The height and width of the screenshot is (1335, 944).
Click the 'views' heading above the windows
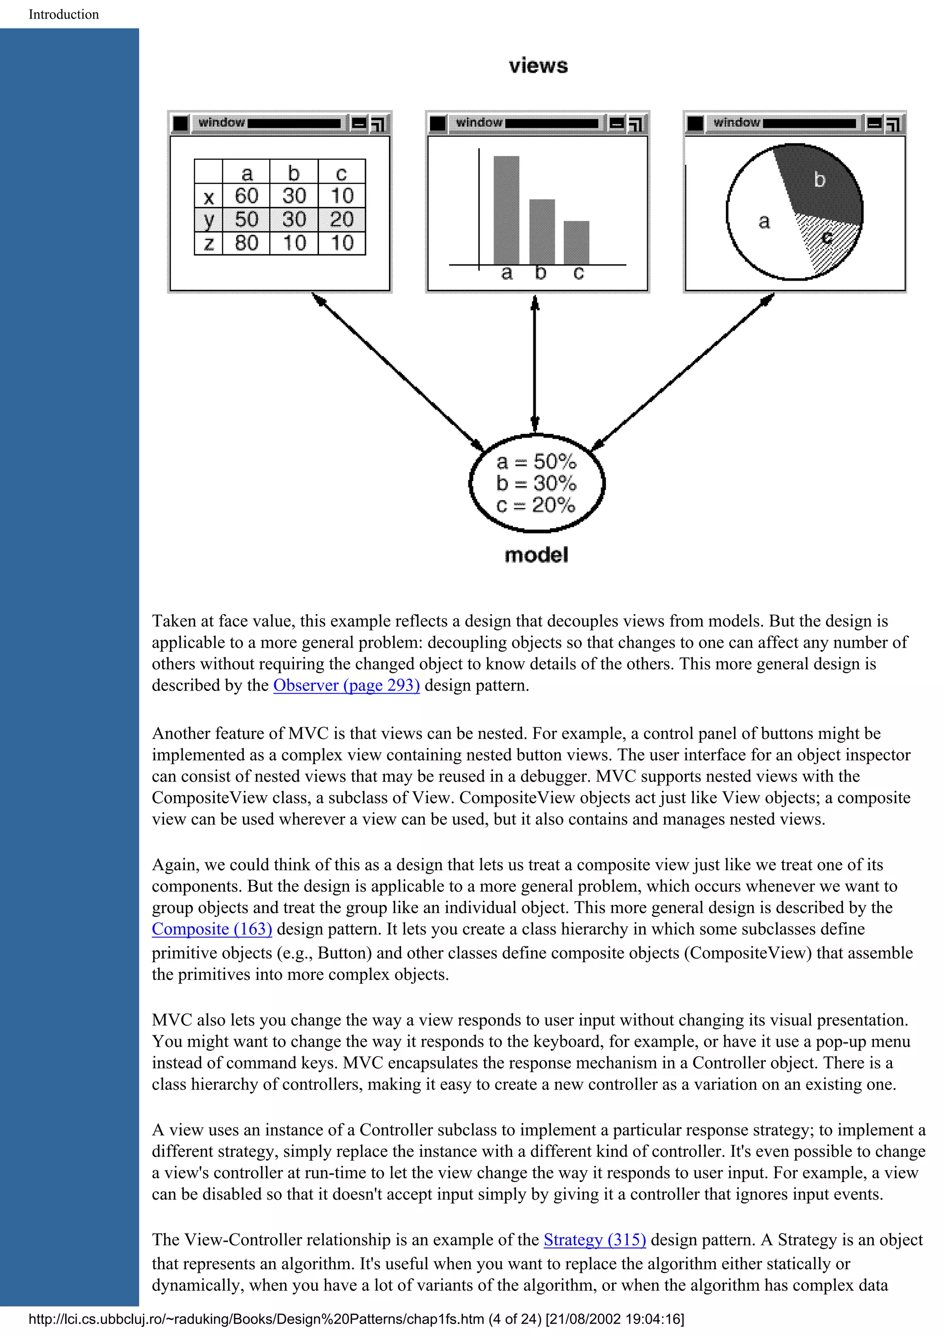click(538, 66)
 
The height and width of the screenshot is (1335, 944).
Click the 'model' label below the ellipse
click(536, 555)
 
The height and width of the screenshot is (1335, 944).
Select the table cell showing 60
click(246, 196)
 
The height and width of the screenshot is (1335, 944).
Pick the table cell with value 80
click(246, 243)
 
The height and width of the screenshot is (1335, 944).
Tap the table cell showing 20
click(342, 219)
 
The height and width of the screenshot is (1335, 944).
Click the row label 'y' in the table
click(209, 220)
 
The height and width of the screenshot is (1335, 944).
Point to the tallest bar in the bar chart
click(506, 209)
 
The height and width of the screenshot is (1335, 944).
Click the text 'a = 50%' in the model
click(536, 462)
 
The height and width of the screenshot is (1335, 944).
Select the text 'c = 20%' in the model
click(536, 505)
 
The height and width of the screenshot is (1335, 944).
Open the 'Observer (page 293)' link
click(346, 685)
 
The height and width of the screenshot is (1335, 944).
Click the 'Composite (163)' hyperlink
click(212, 929)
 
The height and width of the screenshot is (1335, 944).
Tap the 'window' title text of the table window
click(221, 122)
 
